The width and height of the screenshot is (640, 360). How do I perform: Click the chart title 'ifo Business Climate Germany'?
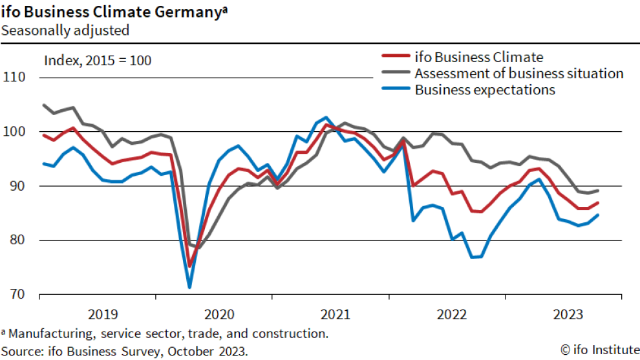[114, 11]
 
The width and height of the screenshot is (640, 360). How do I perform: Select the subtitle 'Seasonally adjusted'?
[65, 30]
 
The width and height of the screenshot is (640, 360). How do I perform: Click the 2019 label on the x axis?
[102, 315]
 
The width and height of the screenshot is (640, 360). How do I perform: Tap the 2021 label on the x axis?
[335, 315]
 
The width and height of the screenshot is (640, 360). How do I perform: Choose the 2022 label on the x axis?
[452, 315]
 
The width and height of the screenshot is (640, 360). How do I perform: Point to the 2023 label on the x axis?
[568, 315]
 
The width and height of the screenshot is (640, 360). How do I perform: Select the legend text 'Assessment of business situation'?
[519, 73]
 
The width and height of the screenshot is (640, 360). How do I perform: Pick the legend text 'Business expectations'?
[485, 90]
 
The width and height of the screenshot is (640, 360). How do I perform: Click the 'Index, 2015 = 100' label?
[97, 61]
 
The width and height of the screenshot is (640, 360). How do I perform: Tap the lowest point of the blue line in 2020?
[189, 288]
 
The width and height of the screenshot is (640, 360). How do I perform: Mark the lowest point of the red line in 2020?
[189, 266]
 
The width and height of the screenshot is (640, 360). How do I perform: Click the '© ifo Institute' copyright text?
[599, 350]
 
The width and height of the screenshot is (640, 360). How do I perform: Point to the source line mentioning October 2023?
[124, 351]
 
